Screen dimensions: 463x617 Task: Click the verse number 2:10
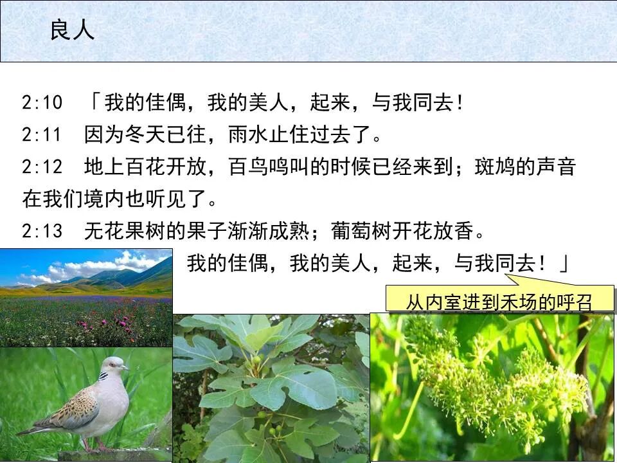click(42, 102)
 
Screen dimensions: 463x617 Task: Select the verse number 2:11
click(42, 135)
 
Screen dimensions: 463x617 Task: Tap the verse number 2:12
click(42, 167)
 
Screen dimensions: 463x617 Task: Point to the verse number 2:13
click(42, 231)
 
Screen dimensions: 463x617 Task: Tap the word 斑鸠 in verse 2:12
click(492, 167)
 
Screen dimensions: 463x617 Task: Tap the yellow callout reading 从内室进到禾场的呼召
click(499, 301)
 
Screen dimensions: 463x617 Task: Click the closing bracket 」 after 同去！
click(563, 264)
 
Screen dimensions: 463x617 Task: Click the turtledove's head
click(116, 365)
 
